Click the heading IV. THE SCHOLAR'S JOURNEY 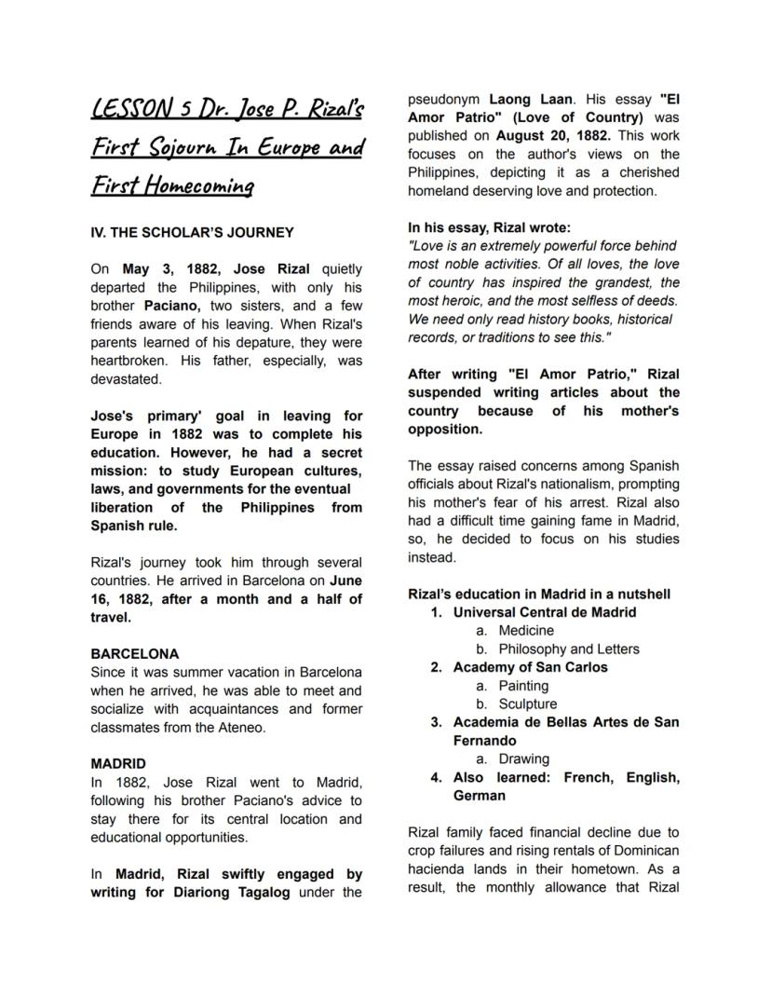click(x=192, y=232)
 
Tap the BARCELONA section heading click(x=134, y=653)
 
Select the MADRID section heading click(x=117, y=763)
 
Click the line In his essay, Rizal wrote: click(x=489, y=227)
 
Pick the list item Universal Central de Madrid click(x=545, y=612)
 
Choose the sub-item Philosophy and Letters click(x=569, y=649)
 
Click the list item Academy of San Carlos click(x=530, y=667)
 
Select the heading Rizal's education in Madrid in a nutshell click(x=539, y=594)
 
